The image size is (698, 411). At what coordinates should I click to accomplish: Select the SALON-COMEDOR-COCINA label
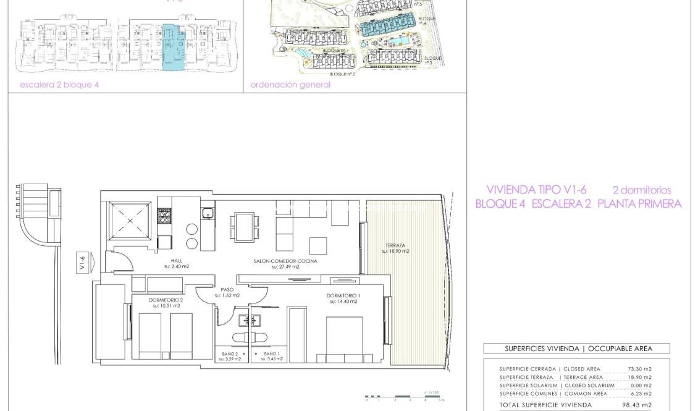coord(285,261)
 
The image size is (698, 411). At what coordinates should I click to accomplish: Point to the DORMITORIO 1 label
coord(343,295)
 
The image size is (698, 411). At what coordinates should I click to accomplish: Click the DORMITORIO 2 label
coord(166,300)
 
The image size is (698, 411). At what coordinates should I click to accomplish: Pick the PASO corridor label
coord(227,289)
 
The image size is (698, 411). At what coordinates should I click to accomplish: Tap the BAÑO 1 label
coord(272,354)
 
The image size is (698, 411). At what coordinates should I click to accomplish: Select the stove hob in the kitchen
coord(165,216)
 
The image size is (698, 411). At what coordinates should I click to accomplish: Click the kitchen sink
coord(208,214)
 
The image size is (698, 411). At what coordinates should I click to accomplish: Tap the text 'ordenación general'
coord(290,85)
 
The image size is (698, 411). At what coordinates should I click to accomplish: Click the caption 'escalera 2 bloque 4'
coord(59,85)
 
